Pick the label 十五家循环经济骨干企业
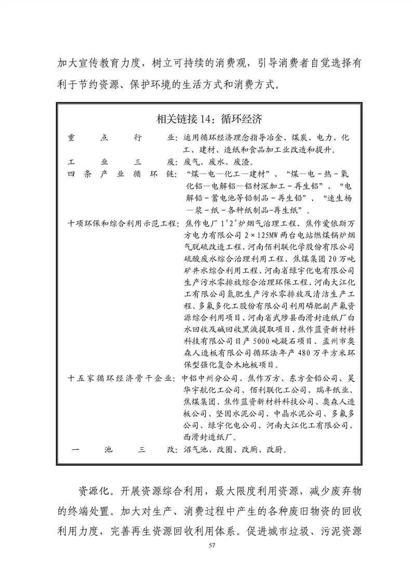point(123,378)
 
